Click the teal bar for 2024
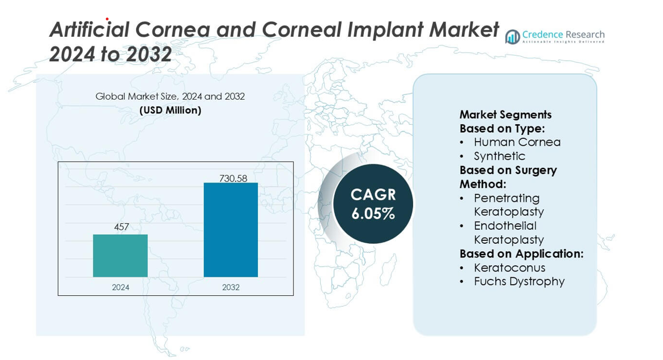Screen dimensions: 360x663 pos(120,256)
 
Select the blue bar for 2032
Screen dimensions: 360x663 pos(231,230)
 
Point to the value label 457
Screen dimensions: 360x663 pos(121,227)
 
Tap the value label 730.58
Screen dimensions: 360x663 pos(233,179)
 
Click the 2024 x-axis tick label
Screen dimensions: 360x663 pos(120,287)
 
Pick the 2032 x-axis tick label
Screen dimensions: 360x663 pos(231,287)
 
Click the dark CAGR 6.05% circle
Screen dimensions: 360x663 pos(373,204)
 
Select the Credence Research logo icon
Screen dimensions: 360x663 pos(512,37)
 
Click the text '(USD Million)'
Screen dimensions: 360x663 pos(170,111)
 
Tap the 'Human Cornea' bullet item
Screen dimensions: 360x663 pos(517,142)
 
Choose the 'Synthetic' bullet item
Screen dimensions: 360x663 pos(499,156)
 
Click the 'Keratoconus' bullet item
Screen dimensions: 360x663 pos(509,268)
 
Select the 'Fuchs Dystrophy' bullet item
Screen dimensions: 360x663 pos(519,281)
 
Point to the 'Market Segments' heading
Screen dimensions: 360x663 pos(505,115)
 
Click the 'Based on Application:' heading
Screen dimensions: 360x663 pos(521,253)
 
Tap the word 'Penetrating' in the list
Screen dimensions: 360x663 pos(507,198)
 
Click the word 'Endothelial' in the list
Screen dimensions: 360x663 pos(505,226)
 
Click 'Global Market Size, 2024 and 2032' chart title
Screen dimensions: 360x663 pos(170,96)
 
